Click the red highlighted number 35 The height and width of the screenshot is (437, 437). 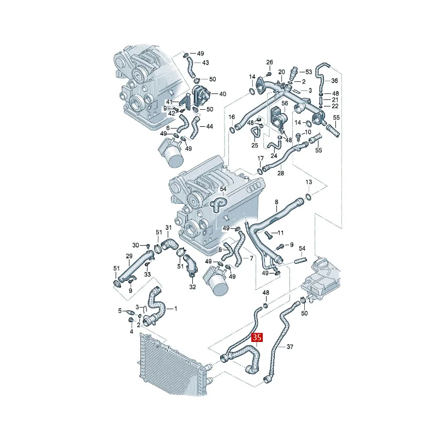coord(257,338)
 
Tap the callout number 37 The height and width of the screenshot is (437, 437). coord(290,347)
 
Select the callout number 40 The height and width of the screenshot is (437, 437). coord(222,94)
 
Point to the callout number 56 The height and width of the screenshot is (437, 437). coord(285,103)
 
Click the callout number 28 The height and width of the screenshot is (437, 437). coord(281,173)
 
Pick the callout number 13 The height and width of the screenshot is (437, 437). coord(309,182)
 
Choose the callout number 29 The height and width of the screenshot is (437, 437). coord(129,256)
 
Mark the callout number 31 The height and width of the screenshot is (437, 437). coord(168,228)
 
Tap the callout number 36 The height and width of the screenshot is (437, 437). coord(334,80)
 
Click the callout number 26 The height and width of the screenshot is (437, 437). coord(269,62)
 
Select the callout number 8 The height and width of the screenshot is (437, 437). coord(276,202)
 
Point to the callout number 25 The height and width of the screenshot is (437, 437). coord(255,145)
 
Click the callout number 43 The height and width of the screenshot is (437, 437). coord(205,62)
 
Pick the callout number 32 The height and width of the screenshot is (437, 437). coord(192,286)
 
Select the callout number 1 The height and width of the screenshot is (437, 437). coord(175,309)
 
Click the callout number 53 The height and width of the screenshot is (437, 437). coord(309,72)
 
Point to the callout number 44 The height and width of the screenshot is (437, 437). coord(209,126)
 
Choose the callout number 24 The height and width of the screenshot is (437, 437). coord(274,156)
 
